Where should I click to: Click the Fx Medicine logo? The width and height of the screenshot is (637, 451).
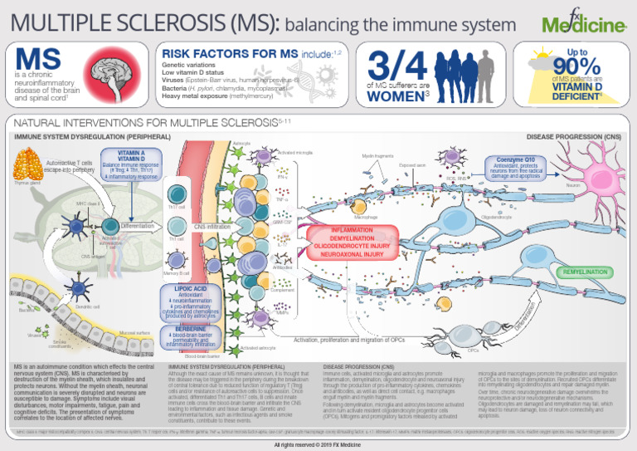click(582, 24)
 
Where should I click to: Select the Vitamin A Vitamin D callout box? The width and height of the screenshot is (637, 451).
click(131, 164)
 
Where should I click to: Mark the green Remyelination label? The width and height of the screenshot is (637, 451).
click(585, 272)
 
